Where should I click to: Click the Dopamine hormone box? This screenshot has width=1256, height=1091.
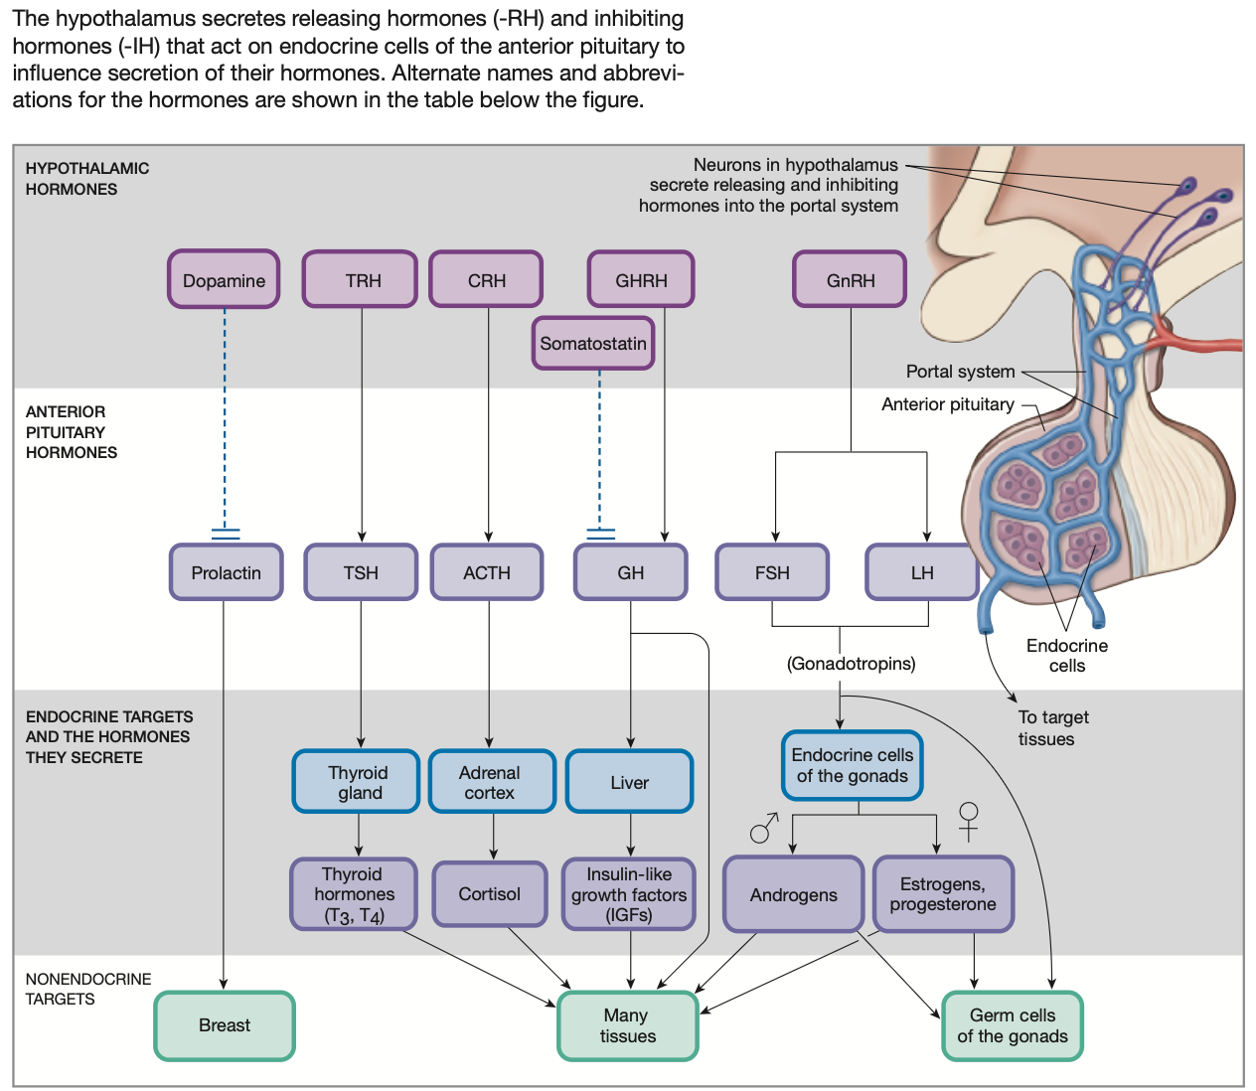coord(224,279)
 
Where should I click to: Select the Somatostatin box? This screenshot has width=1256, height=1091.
coord(593,343)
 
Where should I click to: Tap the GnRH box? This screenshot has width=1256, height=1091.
coord(850,279)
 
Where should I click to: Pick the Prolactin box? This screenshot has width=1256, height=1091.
coord(226,572)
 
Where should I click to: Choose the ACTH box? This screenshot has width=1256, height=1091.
coord(487,572)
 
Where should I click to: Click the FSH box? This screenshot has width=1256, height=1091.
coord(772,572)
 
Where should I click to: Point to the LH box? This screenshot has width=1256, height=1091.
coord(922,572)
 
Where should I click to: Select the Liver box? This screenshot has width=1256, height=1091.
coord(629,781)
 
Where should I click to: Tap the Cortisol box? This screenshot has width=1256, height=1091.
coord(489,893)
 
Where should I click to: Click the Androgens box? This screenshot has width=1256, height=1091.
coord(793,894)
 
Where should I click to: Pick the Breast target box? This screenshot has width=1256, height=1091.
coord(225,1025)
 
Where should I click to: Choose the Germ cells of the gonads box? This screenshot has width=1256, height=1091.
coord(1013,1025)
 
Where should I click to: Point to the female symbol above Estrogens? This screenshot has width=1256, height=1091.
coord(968,822)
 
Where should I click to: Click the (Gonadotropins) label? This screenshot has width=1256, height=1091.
coord(851,664)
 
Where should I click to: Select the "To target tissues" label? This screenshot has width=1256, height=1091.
coord(1053,727)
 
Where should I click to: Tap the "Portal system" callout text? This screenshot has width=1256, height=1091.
coord(960,372)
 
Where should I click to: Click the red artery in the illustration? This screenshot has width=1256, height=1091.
coord(1197,340)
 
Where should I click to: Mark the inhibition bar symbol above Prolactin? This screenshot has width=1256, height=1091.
coord(226,534)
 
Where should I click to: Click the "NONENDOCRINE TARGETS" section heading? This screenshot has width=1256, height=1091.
coord(87,989)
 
